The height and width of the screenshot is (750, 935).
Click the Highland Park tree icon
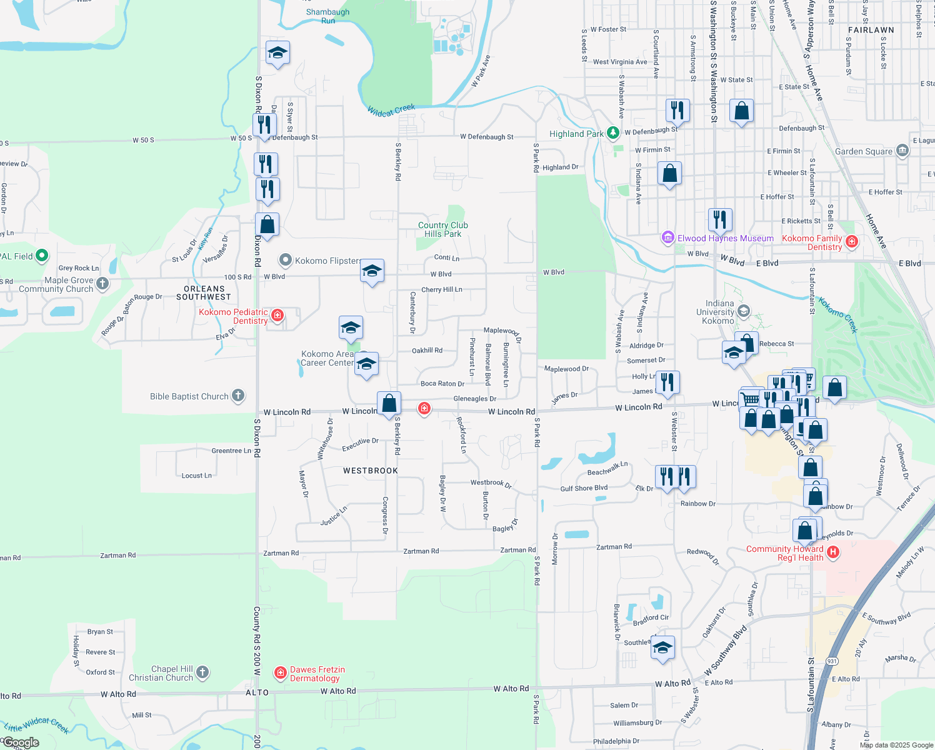coord(613,132)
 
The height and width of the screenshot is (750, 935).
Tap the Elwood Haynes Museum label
coord(725,238)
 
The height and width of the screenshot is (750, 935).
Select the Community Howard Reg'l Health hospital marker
coord(832,552)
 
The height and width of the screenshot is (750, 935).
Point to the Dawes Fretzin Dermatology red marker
coord(281,672)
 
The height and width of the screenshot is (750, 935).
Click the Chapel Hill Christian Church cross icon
coord(202,672)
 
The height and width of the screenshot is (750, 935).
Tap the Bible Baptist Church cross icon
coord(238,395)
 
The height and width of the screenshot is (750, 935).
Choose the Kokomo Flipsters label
coord(328,261)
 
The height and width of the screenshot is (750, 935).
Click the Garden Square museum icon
coord(902,151)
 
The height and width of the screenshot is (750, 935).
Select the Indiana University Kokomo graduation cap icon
coord(743,311)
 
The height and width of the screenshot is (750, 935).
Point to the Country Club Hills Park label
coord(442,229)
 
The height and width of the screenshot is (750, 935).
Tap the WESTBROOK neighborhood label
coord(371,471)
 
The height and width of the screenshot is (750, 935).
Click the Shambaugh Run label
coord(327,16)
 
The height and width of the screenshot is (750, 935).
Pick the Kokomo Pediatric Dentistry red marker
coord(277,316)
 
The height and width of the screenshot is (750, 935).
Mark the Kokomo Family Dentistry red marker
coord(851,241)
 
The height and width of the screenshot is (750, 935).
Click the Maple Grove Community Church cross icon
coord(102,284)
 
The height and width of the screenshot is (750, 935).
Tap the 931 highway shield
coord(832,661)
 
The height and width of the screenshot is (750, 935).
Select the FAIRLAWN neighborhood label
coord(871,30)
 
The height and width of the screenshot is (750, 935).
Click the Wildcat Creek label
coord(391,111)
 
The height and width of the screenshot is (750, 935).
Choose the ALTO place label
coord(257,692)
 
